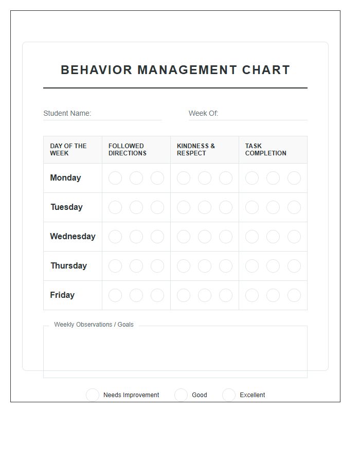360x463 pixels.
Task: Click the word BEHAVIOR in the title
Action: (96, 70)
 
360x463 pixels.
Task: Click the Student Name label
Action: (67, 113)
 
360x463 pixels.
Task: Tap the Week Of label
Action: (203, 113)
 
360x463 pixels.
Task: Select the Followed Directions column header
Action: (127, 150)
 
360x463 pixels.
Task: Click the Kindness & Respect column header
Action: (196, 150)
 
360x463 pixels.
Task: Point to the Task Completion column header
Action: (265, 150)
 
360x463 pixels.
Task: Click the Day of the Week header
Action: (68, 150)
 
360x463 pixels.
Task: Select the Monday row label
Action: (65, 178)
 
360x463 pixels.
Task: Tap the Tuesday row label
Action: (66, 207)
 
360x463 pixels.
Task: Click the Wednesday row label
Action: (73, 237)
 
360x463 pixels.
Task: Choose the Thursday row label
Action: (68, 266)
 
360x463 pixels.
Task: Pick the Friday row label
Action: (62, 295)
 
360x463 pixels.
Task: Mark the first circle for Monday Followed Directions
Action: (115, 178)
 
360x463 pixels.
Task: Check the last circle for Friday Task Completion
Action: (294, 295)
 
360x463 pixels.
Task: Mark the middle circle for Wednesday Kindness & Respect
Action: (205, 237)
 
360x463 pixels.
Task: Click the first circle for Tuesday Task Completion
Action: (252, 207)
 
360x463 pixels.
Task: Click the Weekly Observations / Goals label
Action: (94, 325)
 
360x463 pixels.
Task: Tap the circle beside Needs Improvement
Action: (93, 395)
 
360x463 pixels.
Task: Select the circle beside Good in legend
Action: (181, 395)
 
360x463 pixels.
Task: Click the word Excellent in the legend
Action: (252, 395)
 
